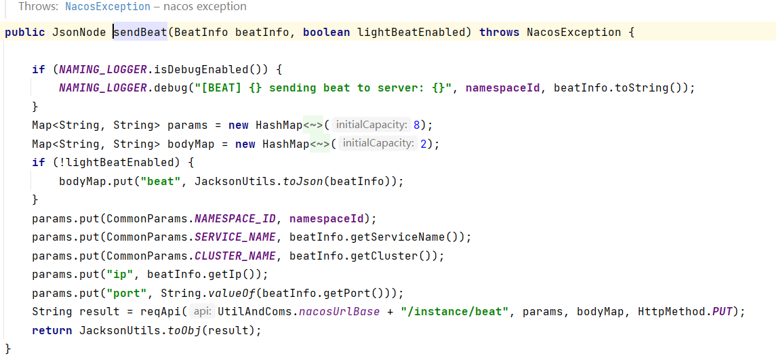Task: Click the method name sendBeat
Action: pos(140,32)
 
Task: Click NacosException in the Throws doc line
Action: pos(108,7)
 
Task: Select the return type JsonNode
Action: pos(76,32)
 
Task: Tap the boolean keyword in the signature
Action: pos(327,32)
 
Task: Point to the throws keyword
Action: pos(499,32)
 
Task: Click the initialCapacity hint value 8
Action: pos(417,125)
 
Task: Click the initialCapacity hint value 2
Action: pos(424,144)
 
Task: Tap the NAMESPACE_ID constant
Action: pos(235,219)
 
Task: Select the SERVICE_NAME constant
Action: pos(235,237)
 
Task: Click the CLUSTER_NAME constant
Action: pos(235,256)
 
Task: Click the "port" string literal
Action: pos(130,294)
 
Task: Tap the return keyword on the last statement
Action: pos(52,331)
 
